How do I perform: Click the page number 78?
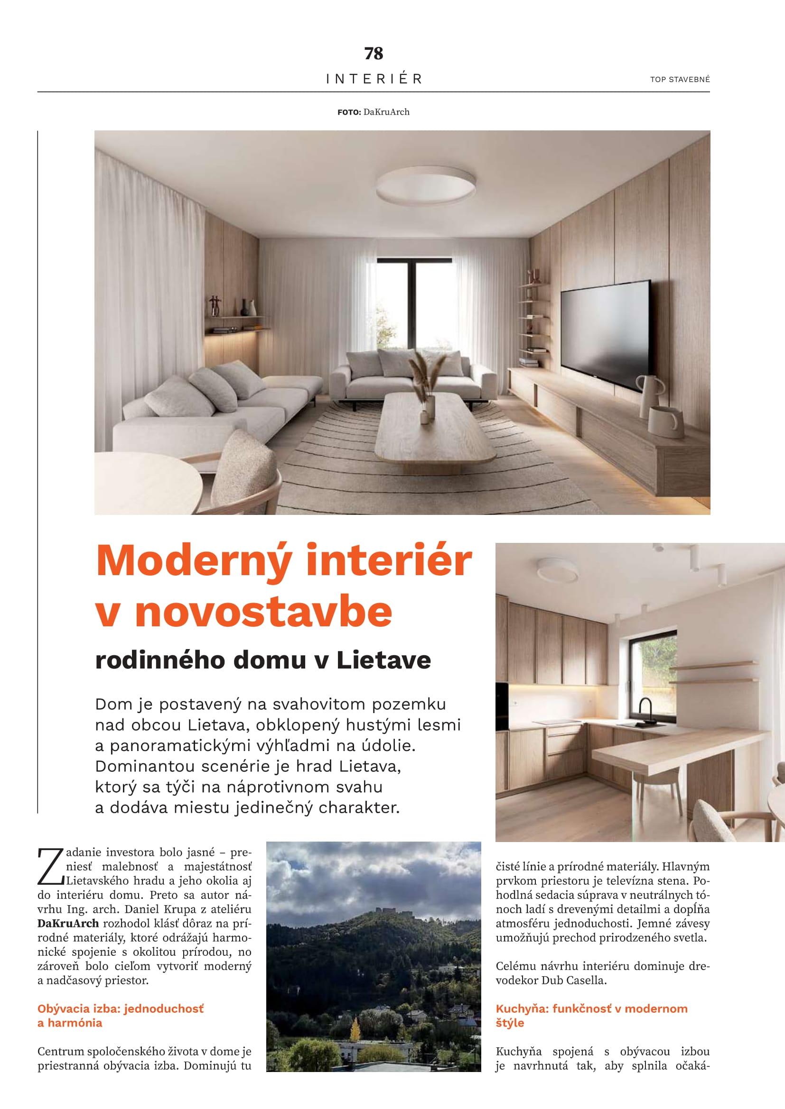coord(374,53)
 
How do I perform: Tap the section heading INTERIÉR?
coord(374,79)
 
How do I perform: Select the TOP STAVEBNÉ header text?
coord(680,79)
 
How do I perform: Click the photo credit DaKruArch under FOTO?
coord(386,112)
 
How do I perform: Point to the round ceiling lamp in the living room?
coord(425,185)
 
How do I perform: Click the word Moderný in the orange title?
coord(194,561)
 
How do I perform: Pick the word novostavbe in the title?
coord(263,613)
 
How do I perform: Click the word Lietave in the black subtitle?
coord(383,660)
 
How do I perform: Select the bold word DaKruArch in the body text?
coord(68,924)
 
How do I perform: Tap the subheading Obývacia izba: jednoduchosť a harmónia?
coord(121,1015)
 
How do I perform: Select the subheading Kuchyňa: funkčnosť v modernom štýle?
coord(591,1015)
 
